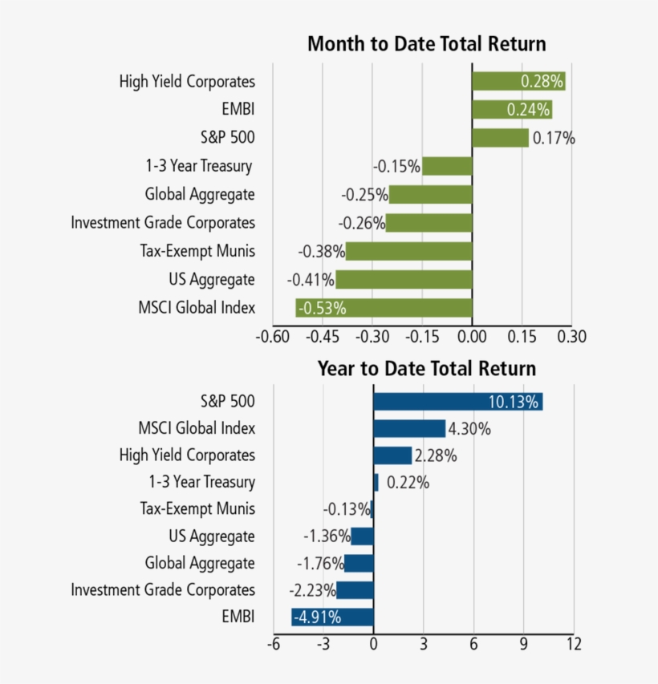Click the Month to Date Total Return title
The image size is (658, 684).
426,44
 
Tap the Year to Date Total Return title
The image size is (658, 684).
426,369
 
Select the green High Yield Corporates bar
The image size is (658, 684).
518,81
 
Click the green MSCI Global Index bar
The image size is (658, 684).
384,308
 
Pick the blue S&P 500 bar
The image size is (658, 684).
457,402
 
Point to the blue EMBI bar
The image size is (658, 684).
332,617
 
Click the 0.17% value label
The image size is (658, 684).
554,139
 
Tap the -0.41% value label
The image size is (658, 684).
311,280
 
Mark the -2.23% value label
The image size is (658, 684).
311,590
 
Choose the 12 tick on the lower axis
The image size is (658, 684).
573,643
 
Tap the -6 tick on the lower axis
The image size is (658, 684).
273,643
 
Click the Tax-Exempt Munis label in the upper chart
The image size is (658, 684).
197,251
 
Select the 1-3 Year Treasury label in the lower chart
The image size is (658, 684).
201,482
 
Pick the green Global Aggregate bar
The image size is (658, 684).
430,194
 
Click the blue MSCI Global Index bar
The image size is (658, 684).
409,429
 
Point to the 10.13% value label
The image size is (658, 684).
513,402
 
